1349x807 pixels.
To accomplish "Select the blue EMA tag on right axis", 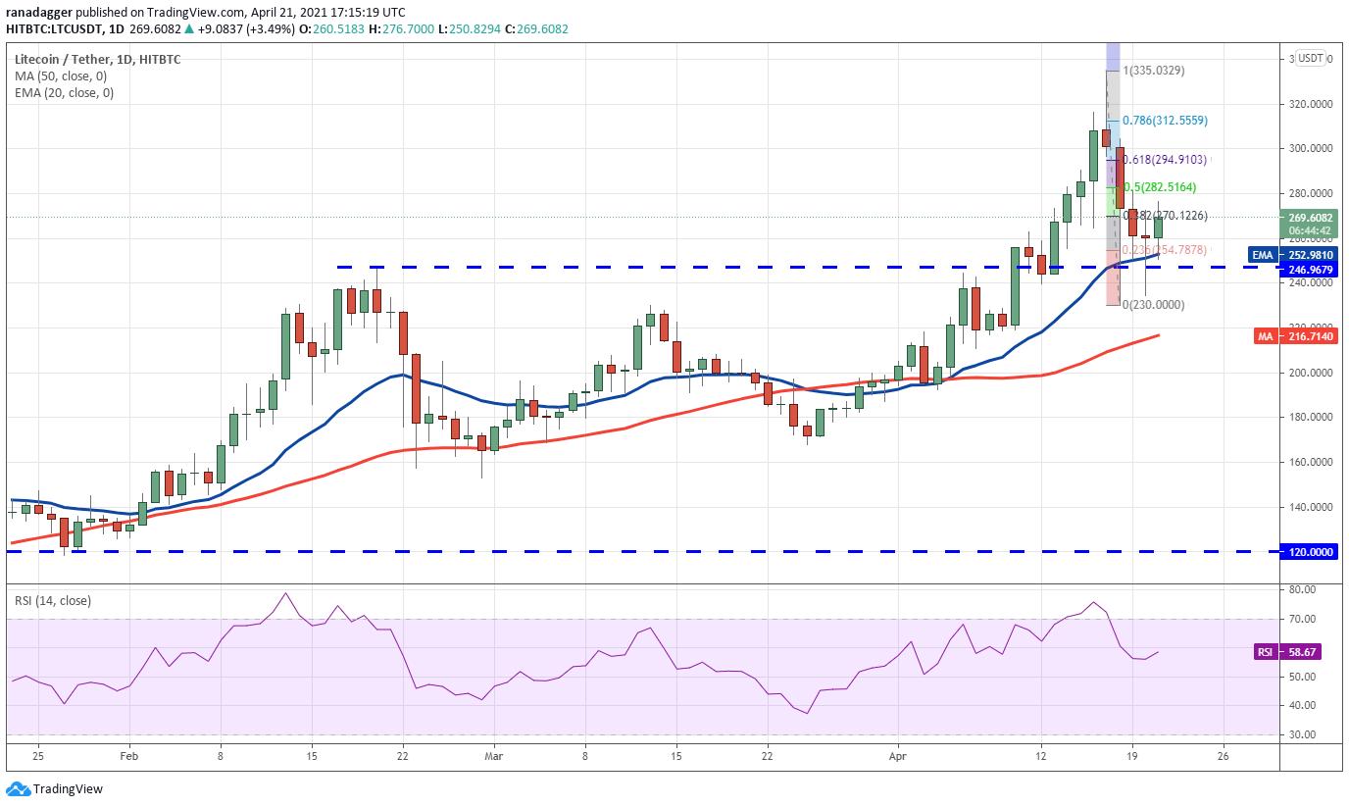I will (1264, 255).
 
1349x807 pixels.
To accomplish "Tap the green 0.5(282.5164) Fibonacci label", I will (1159, 187).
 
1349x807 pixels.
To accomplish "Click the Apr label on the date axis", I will (897, 757).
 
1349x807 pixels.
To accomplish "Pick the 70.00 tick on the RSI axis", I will (1301, 620).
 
